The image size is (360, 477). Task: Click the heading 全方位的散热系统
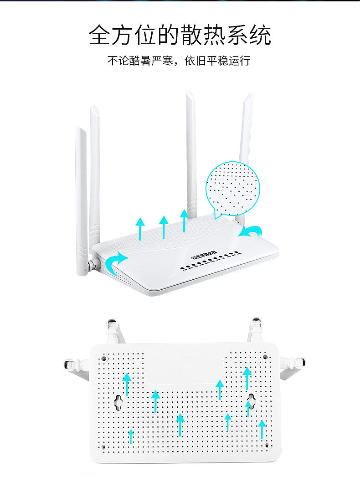point(180,35)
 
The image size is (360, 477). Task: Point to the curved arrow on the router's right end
point(250,231)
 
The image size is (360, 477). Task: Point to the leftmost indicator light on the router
point(182,268)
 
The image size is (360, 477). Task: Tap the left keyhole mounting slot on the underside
point(119,402)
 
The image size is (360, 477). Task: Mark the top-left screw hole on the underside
point(104,358)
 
